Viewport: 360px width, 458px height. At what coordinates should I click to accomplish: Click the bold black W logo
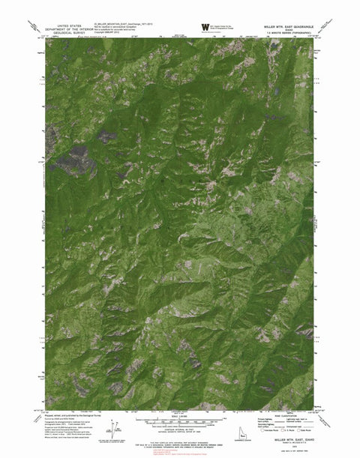click(x=205, y=28)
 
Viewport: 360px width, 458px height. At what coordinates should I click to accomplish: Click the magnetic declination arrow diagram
click(x=112, y=428)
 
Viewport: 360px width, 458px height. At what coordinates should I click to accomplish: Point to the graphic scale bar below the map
click(x=180, y=420)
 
